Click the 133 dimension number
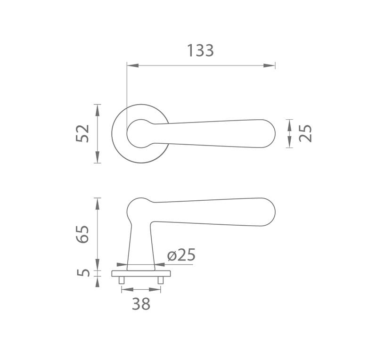pos(200,50)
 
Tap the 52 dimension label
pos(82,133)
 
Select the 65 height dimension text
pos(82,235)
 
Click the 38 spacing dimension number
pos(141,303)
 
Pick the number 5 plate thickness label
pos(83,273)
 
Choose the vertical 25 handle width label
pos(305,133)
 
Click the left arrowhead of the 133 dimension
pos(133,65)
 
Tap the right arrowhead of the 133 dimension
pos(269,65)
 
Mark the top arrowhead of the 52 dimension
pos(97,110)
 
